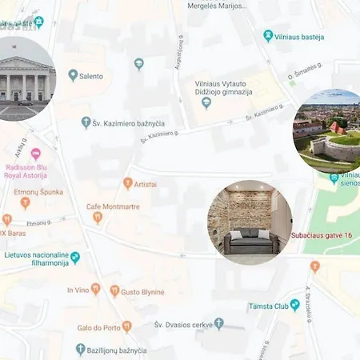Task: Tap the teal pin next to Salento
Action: pyautogui.click(x=73, y=76)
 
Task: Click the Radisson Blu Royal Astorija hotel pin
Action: pyautogui.click(x=34, y=153)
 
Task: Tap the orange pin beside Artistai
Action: pyautogui.click(x=127, y=184)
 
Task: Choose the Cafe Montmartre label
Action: pyautogui.click(x=113, y=206)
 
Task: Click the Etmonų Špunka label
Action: pyautogui.click(x=38, y=192)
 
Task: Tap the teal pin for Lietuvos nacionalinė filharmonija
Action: pyautogui.click(x=75, y=258)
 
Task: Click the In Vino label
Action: pyautogui.click(x=78, y=290)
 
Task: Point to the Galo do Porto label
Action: pyautogui.click(x=104, y=326)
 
